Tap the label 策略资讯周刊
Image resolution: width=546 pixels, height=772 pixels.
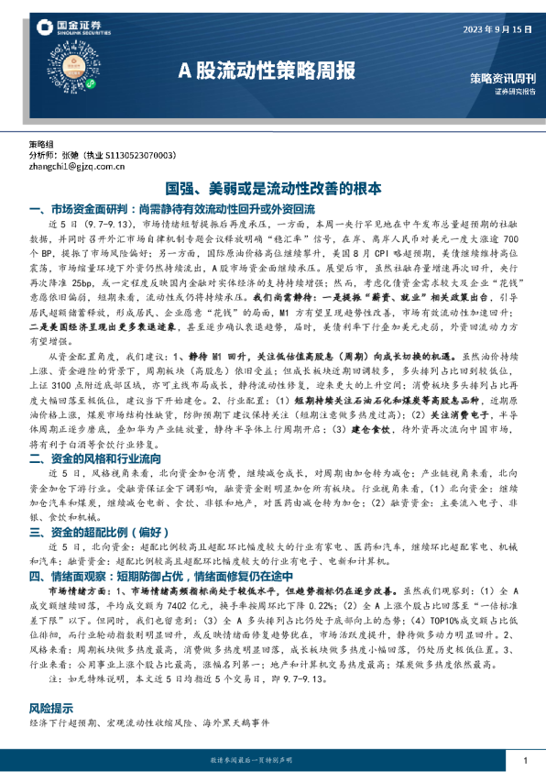coord(505,80)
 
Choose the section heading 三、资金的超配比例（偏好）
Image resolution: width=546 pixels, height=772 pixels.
coord(100,532)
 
